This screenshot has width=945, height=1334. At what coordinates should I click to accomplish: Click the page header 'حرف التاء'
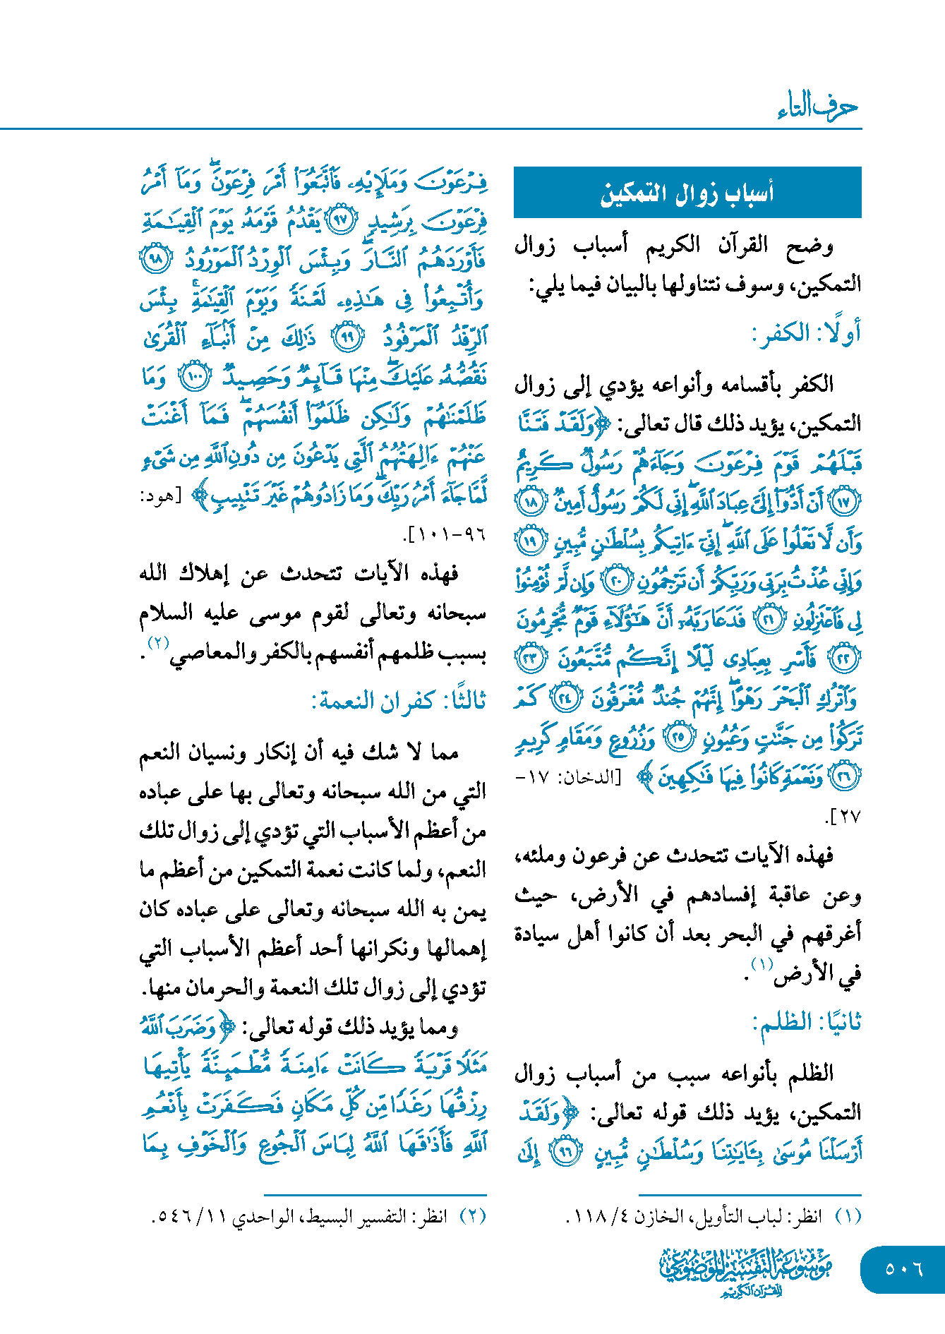pyautogui.click(x=817, y=108)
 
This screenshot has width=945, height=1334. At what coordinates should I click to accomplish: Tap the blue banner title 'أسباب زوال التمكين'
pyautogui.click(x=687, y=193)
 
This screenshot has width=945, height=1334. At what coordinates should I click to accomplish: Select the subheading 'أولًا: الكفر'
pyautogui.click(x=806, y=333)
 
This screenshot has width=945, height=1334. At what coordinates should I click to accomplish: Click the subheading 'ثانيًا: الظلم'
pyautogui.click(x=807, y=1022)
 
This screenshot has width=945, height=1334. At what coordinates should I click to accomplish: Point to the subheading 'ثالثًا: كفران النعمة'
pyautogui.click(x=399, y=701)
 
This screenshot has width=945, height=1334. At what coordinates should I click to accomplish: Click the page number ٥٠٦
pyautogui.click(x=904, y=1268)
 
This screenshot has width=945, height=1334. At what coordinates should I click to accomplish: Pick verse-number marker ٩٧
pyautogui.click(x=341, y=220)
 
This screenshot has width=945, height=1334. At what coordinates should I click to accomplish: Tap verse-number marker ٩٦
pyautogui.click(x=565, y=1152)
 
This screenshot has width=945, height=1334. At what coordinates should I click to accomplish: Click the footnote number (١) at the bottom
pyautogui.click(x=848, y=1217)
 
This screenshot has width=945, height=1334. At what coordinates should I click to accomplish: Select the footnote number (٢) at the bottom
pyautogui.click(x=473, y=1217)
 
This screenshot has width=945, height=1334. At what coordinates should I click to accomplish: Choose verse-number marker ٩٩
pyautogui.click(x=347, y=337)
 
